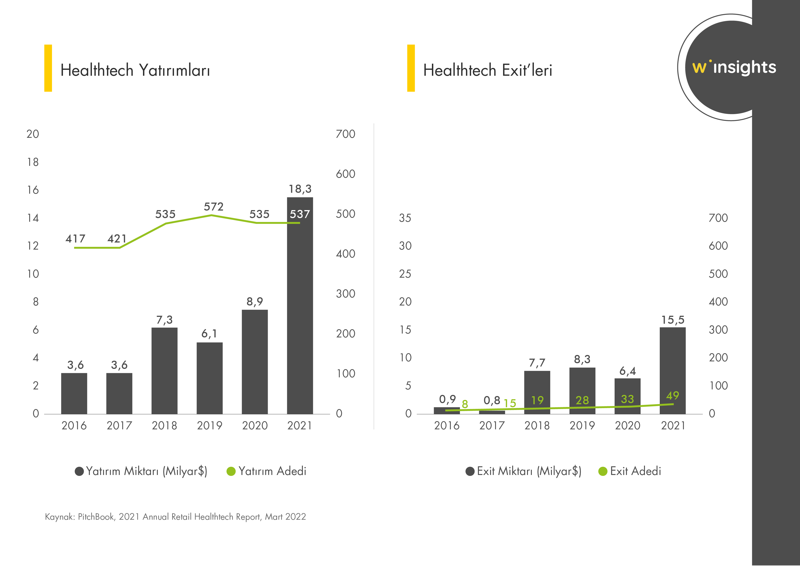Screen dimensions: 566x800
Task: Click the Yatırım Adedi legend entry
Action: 267,471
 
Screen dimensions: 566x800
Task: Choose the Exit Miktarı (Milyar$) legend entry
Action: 523,471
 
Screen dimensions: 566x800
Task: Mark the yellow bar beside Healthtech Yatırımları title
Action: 48,68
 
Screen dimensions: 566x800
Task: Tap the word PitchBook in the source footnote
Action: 96,517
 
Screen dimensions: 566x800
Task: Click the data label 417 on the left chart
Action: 75,239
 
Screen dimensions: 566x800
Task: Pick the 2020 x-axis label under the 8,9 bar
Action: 255,425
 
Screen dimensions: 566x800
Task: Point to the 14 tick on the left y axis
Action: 33,218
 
